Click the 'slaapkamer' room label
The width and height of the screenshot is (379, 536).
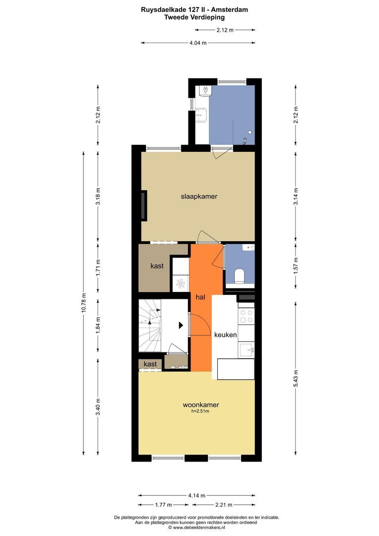198,197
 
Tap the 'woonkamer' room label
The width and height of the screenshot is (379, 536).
200,405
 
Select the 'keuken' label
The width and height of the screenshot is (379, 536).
225,335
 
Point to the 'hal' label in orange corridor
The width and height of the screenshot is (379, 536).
200,297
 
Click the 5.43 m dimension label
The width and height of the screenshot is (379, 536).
296,379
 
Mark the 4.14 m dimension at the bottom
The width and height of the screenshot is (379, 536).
197,495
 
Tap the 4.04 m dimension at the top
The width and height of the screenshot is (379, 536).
198,43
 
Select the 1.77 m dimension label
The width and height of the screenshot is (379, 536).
164,505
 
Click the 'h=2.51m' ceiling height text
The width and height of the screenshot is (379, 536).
200,411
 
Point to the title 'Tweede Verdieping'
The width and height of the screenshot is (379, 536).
194,17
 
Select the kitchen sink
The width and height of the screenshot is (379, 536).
246,350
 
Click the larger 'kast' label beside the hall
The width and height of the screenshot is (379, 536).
157,266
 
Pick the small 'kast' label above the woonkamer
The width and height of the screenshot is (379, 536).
150,364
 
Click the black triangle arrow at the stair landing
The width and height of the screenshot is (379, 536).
181,325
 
